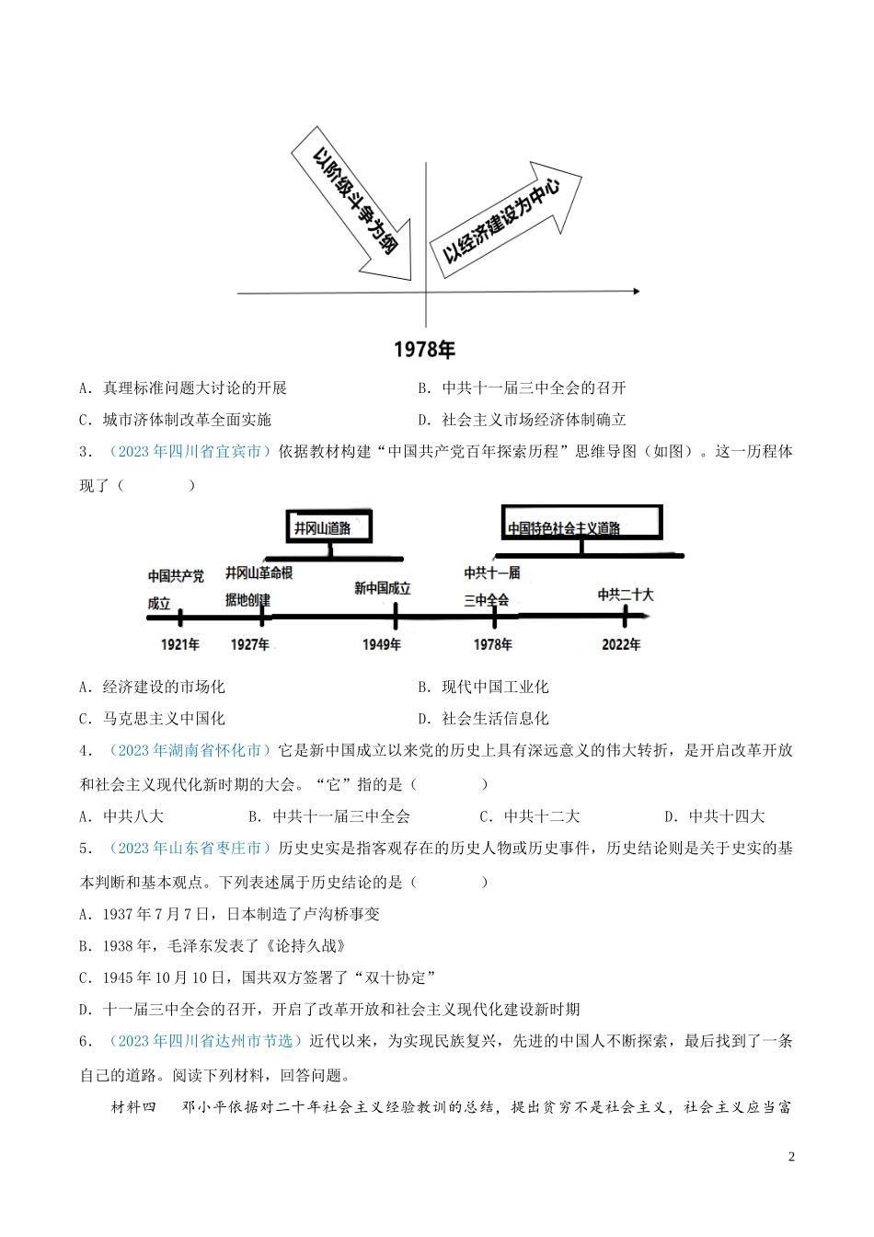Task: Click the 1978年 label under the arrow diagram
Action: [x=424, y=350]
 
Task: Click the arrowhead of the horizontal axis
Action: [x=634, y=292]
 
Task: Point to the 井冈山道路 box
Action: [x=328, y=527]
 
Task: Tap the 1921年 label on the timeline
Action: [x=179, y=644]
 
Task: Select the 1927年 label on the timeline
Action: [x=249, y=644]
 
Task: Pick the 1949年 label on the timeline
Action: [x=382, y=644]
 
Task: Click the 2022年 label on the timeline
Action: [x=621, y=644]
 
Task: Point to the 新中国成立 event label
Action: [x=382, y=588]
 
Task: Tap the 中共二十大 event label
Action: [x=626, y=595]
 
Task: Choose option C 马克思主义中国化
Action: [x=152, y=718]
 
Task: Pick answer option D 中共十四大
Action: [x=715, y=815]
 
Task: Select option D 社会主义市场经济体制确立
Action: [x=522, y=420]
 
